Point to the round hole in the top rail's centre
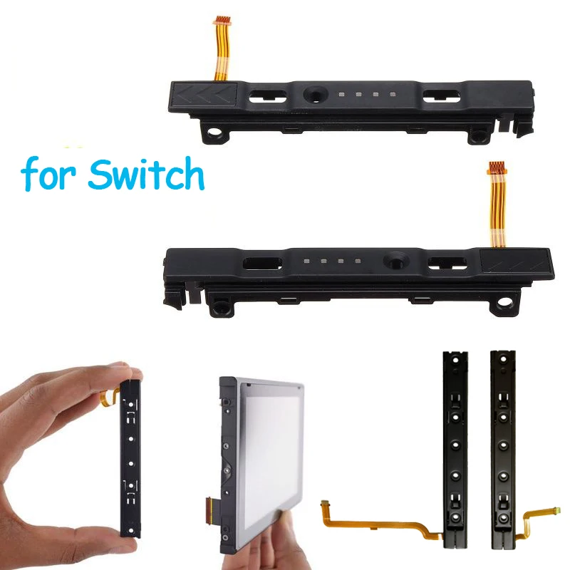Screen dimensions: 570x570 pos(313,93)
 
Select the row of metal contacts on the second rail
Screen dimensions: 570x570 pos(331,261)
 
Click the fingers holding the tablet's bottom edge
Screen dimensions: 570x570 pos(274,541)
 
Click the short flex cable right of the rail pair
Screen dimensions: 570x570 pos(540,517)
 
